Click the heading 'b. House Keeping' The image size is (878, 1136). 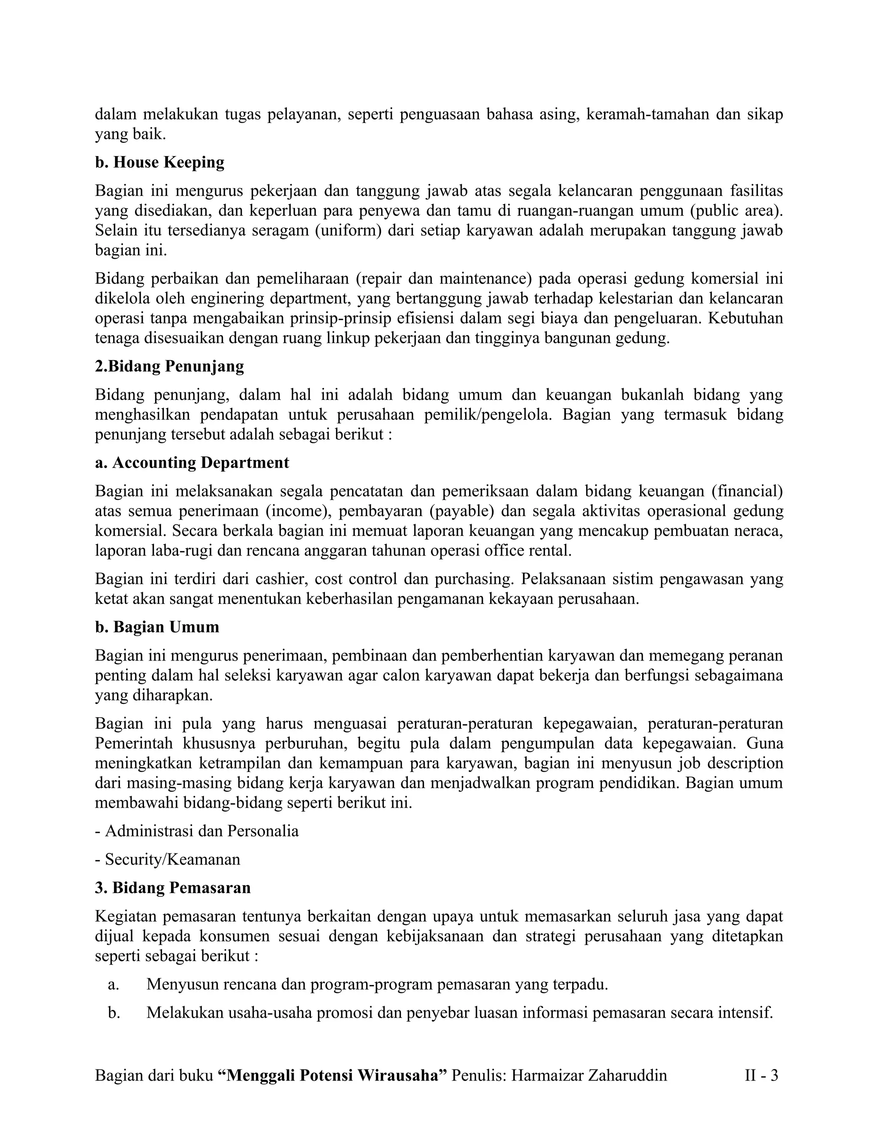159,162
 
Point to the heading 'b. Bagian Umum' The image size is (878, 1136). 156,627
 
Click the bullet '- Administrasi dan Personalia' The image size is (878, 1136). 197,831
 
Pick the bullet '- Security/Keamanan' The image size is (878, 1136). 168,859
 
